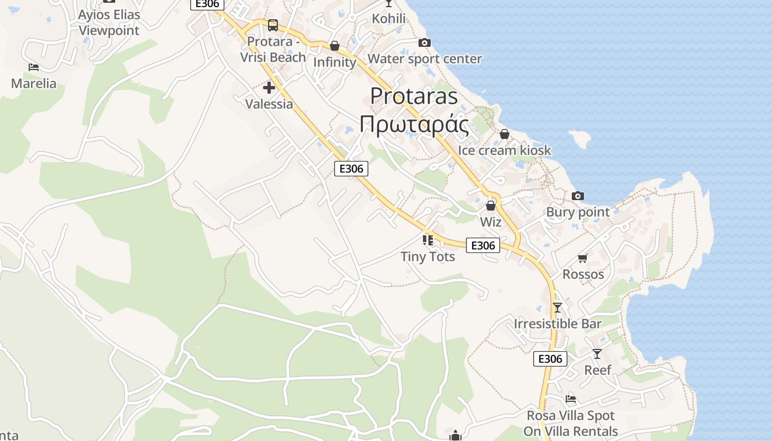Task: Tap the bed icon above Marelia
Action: click(x=34, y=67)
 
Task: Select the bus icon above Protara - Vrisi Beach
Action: click(x=273, y=25)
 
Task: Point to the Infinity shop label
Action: click(x=335, y=62)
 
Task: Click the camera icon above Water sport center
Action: click(x=424, y=42)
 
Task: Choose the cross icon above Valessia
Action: click(x=269, y=88)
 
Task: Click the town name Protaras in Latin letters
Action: click(x=414, y=96)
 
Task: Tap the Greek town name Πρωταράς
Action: click(x=414, y=124)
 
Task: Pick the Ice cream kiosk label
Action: click(x=504, y=150)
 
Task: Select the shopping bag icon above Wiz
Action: click(x=491, y=206)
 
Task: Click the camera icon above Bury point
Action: click(x=578, y=196)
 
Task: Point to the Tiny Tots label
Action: click(x=428, y=256)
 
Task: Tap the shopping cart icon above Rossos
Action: click(x=583, y=258)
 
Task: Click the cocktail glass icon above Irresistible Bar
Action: click(x=557, y=308)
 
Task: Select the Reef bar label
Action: click(x=598, y=370)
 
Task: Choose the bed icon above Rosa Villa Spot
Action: click(x=571, y=399)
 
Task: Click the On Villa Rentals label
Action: click(x=571, y=431)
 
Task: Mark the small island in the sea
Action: click(x=580, y=138)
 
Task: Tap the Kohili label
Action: click(x=389, y=19)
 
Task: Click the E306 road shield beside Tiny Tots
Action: click(x=483, y=245)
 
